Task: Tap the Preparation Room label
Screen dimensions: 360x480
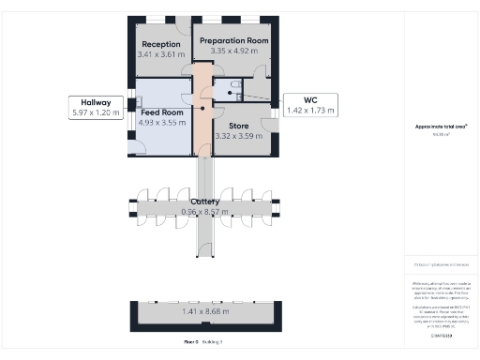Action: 232,41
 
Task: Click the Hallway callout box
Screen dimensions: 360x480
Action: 97,108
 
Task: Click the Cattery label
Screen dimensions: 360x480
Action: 205,202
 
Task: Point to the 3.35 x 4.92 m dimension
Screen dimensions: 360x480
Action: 232,52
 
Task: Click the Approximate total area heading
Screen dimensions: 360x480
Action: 440,127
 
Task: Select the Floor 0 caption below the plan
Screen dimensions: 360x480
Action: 191,343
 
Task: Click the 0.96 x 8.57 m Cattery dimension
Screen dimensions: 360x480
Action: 205,213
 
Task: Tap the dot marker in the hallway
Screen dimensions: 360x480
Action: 203,108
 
